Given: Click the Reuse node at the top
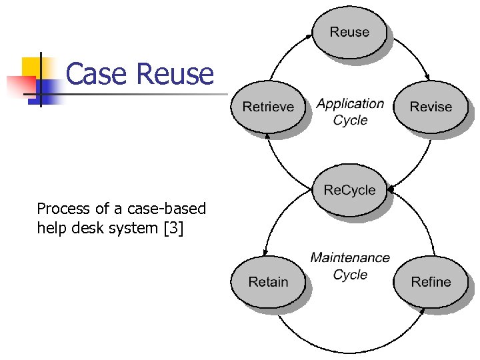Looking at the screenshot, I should coord(349,32).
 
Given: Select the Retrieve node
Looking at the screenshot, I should coord(268,107).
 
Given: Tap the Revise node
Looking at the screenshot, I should coord(431,107).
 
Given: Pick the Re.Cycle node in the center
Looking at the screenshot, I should coord(349,191).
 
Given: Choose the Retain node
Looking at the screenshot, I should coord(268,282).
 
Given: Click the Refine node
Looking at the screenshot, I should coord(431,282).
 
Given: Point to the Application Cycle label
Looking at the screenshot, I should coord(350,111).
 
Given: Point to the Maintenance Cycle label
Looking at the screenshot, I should coord(350,265).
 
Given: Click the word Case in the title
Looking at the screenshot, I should coord(98,73).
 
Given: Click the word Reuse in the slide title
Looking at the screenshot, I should coord(175,73).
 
